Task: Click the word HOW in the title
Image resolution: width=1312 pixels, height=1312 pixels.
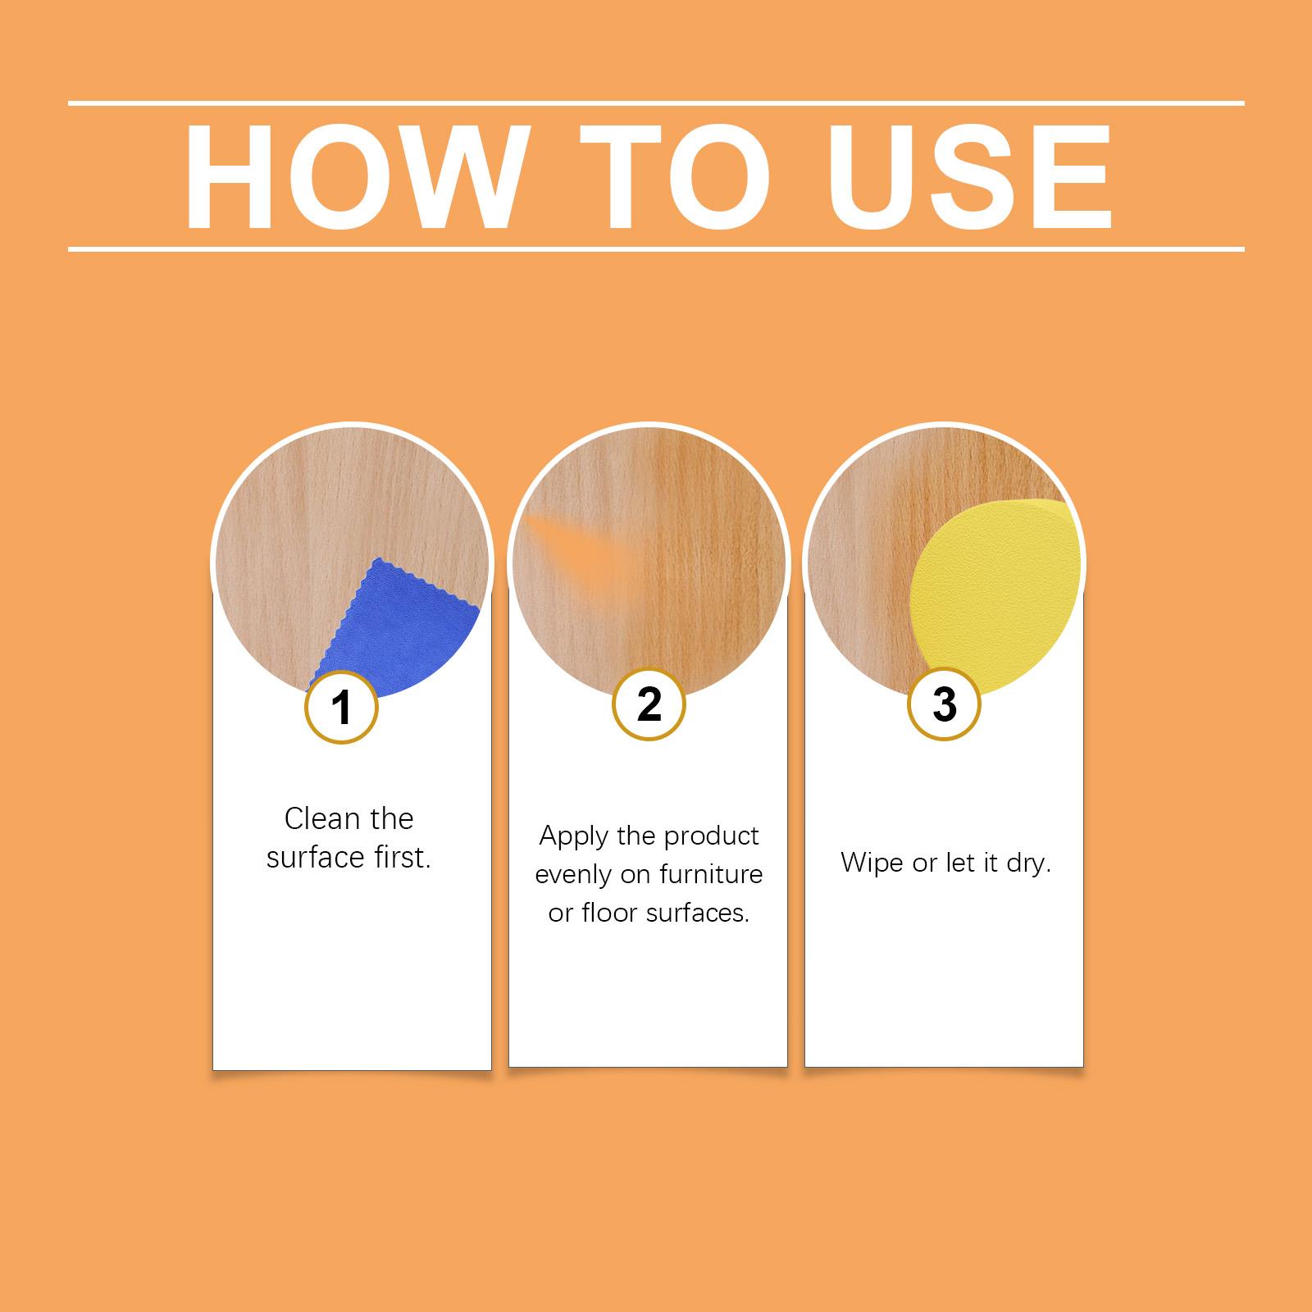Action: [x=353, y=177]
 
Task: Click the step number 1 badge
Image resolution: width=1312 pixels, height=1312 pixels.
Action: [x=341, y=706]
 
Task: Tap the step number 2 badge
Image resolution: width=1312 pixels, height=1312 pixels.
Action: [x=649, y=703]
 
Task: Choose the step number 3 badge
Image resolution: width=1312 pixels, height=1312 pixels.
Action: [x=944, y=704]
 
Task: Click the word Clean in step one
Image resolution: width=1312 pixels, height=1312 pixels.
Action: [x=321, y=818]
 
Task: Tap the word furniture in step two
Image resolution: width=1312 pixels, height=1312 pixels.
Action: [x=709, y=874]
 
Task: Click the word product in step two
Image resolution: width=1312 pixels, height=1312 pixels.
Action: [x=712, y=837]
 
